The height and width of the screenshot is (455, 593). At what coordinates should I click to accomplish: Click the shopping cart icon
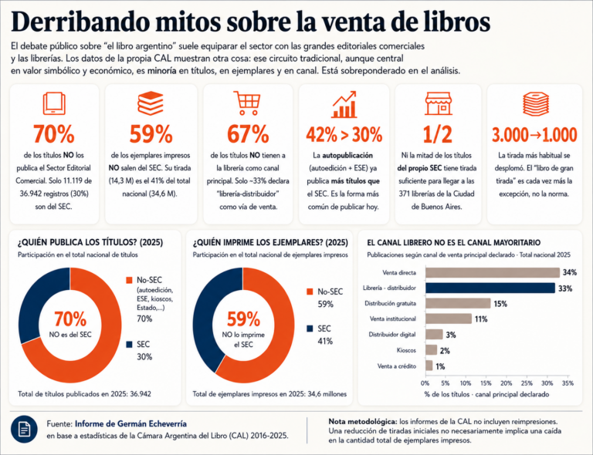(246, 103)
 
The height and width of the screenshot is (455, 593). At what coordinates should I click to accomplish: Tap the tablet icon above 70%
(54, 103)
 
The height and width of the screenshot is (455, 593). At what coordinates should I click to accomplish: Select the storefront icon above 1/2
(438, 103)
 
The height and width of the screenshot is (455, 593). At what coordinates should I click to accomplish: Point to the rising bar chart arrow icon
(344, 104)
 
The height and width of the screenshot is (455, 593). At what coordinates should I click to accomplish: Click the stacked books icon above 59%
(151, 103)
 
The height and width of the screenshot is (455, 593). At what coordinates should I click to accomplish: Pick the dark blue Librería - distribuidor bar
(490, 288)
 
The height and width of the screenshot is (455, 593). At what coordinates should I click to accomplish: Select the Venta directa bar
(493, 273)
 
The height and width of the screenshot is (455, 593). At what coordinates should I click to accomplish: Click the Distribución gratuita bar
(458, 303)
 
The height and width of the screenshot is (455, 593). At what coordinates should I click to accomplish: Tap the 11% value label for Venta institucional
(481, 319)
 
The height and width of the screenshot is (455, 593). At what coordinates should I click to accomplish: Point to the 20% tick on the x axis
(507, 383)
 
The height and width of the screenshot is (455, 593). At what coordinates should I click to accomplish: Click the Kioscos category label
(406, 350)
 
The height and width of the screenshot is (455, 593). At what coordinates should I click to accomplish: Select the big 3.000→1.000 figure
(534, 134)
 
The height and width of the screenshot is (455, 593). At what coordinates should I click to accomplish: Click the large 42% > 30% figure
(344, 134)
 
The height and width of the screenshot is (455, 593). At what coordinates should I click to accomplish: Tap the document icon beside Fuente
(24, 430)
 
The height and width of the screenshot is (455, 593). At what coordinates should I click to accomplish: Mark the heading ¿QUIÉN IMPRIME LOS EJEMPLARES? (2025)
(270, 242)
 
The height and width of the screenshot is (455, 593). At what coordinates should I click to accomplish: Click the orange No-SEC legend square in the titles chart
(130, 280)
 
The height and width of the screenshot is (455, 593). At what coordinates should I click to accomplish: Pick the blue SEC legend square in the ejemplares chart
(310, 329)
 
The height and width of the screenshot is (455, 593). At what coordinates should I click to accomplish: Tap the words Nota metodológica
(363, 421)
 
